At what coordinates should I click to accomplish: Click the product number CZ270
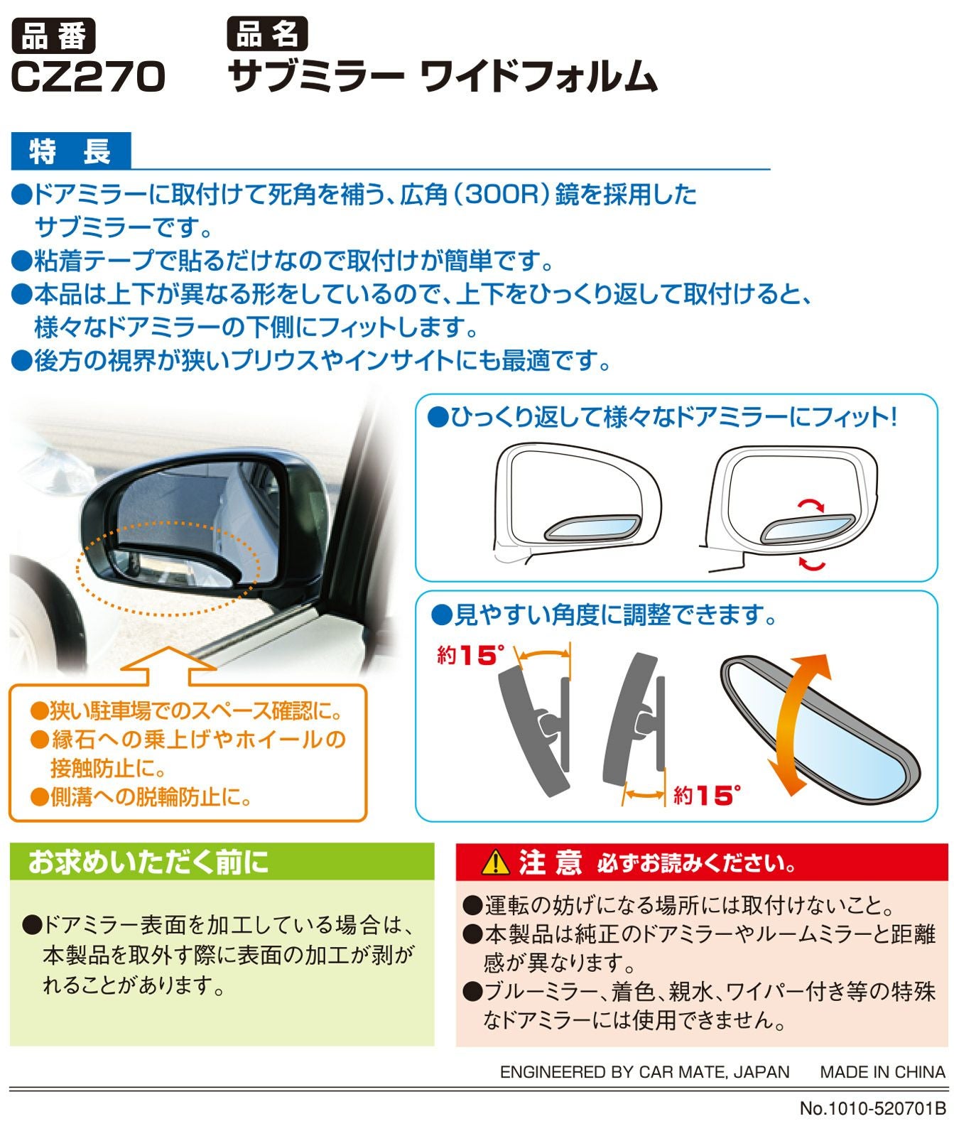pos(88,77)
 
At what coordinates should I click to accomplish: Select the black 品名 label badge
pos(268,34)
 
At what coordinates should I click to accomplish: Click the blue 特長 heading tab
pos(71,151)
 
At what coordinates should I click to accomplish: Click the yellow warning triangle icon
pos(495,862)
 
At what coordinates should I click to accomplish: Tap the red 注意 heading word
pos(550,862)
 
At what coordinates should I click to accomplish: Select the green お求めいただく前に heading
pos(148,862)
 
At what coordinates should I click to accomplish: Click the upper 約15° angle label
pos(470,655)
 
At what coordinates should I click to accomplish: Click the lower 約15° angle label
pos(706,795)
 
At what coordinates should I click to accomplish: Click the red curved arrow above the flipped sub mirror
pos(810,504)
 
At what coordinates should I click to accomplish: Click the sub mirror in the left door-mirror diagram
pos(591,527)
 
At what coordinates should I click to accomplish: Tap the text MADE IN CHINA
pos(882,1072)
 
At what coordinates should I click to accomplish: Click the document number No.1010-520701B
pos(873,1108)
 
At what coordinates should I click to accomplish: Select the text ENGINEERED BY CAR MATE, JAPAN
pos(644,1072)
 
